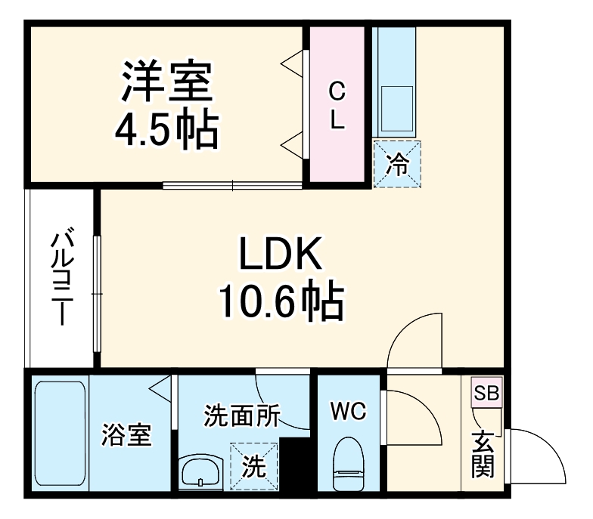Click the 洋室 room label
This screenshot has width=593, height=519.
click(x=166, y=85)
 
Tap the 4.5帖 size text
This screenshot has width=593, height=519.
click(x=166, y=130)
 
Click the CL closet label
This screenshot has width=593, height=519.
click(x=337, y=106)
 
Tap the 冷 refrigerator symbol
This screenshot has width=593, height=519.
click(x=396, y=164)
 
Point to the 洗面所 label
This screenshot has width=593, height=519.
click(x=242, y=416)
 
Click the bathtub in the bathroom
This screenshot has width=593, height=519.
click(x=61, y=434)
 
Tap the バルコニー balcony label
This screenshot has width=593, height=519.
click(x=61, y=278)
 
